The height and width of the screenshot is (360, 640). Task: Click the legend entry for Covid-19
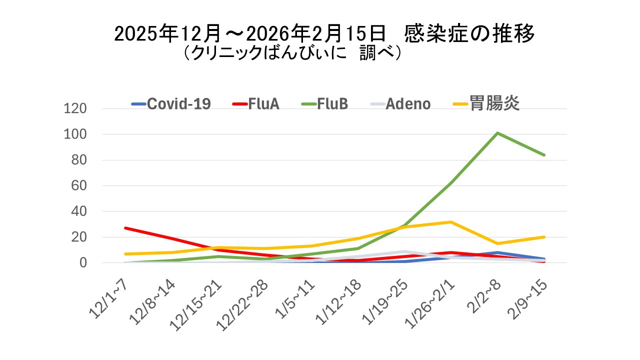point(179,104)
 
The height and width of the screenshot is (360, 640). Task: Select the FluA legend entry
point(263,104)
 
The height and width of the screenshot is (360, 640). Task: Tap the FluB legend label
point(332,104)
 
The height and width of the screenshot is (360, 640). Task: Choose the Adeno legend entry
point(408,104)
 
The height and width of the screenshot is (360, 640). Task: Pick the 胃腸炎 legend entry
point(494,103)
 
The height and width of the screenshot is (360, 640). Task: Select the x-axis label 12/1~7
point(109,298)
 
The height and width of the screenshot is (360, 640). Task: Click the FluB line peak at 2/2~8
point(497,133)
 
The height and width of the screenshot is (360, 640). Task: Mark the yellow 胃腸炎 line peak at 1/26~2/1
point(450,221)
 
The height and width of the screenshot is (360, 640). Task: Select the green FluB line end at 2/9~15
point(544,155)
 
